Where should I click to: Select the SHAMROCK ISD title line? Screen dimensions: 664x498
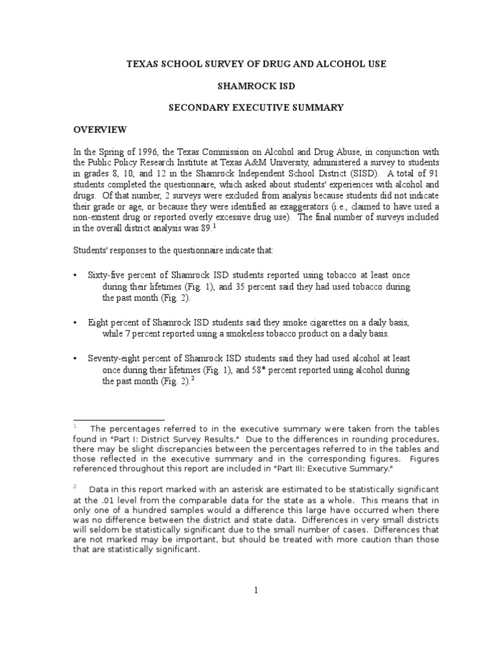pos(248,85)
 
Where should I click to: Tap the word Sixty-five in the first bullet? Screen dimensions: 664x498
pos(107,276)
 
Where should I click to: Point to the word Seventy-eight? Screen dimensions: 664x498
pos(117,359)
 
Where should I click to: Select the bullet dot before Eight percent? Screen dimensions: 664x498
pos(75,322)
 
